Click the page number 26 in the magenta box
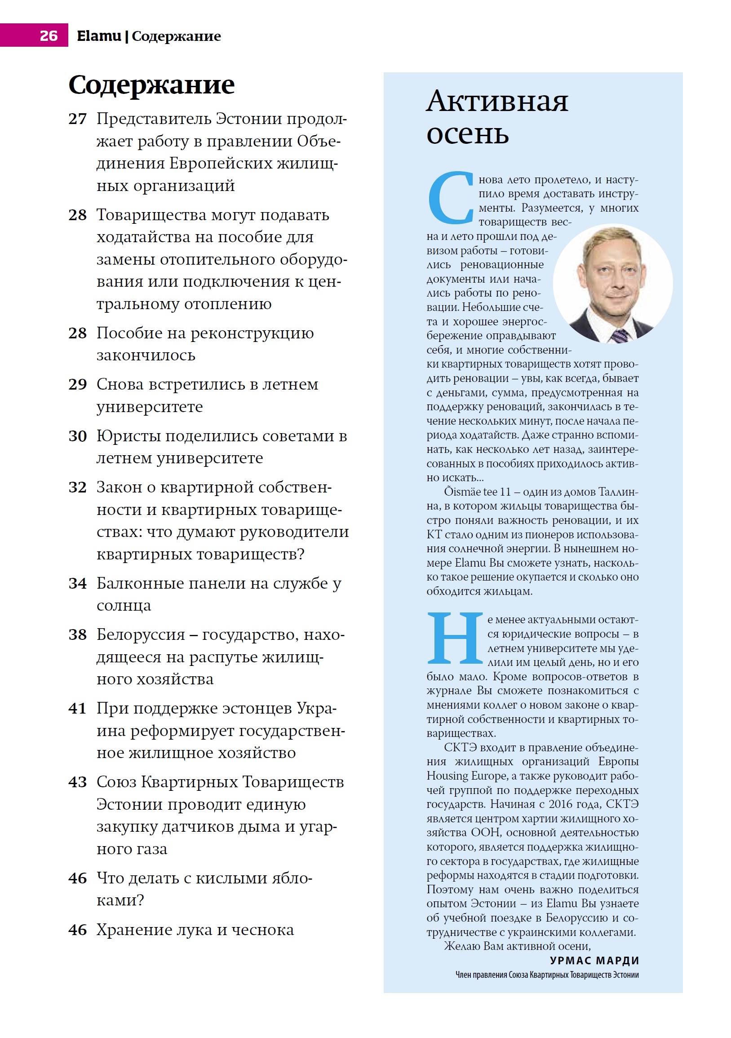click(49, 35)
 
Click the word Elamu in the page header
click(98, 35)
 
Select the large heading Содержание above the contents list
click(151, 84)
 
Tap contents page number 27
click(77, 119)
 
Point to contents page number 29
click(77, 384)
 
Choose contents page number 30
click(77, 436)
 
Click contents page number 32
click(77, 488)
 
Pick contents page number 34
click(77, 584)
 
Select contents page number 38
click(77, 635)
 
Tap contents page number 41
click(77, 709)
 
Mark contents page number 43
click(77, 782)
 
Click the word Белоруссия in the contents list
click(141, 635)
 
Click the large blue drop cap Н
click(454, 638)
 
